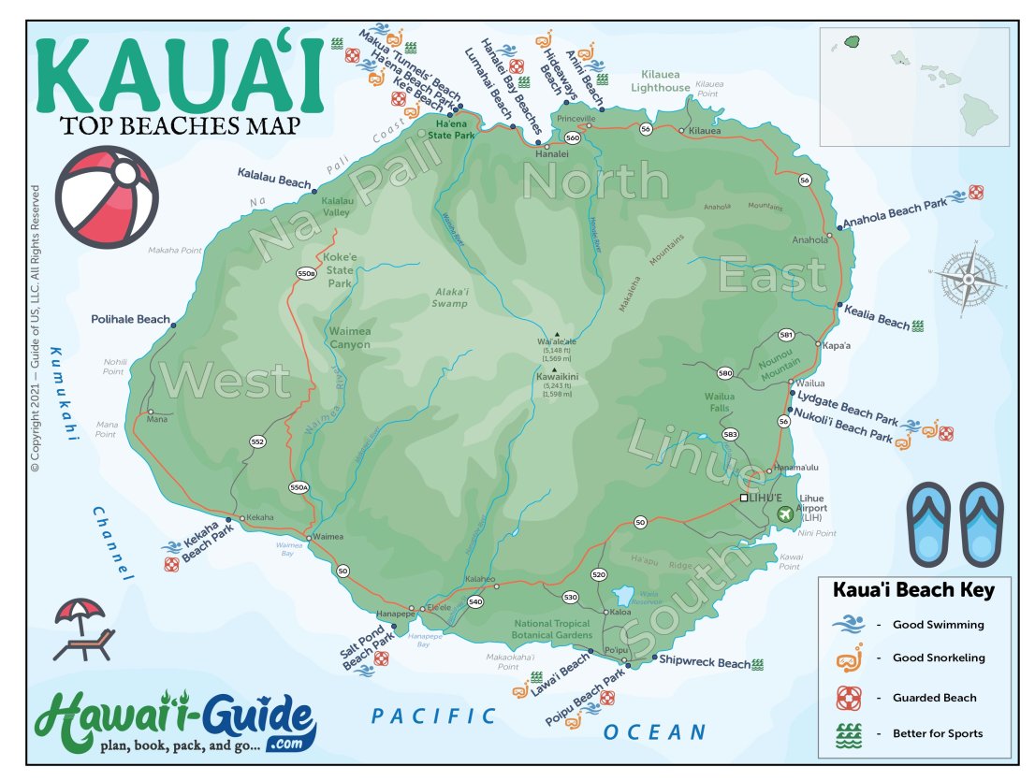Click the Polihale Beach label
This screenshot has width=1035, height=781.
pos(130,319)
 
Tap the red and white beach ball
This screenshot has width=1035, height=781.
pos(107,197)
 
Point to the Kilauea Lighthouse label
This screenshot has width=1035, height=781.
pos(665,81)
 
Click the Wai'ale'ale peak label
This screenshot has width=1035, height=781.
pos(556,342)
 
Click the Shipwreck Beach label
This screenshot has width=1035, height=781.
pos(704,662)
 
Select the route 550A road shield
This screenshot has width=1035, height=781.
pos(299,487)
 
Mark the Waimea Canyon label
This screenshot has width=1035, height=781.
pos(349,338)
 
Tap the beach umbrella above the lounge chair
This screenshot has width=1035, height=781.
pos(80,612)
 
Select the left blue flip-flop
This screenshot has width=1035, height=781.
pos(929,523)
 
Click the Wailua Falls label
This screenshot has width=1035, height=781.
pos(719,402)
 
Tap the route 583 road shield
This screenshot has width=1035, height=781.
pos(731,434)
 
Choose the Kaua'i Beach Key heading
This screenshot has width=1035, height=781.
pos(913,590)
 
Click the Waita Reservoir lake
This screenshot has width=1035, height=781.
pos(621,595)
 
